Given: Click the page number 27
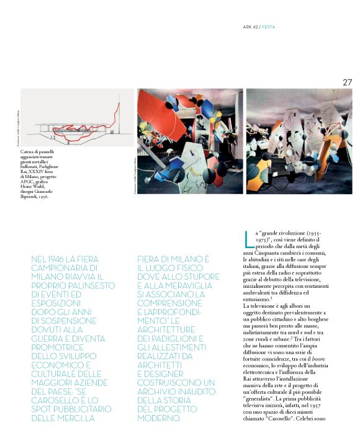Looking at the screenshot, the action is [347, 82].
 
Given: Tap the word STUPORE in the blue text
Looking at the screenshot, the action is [199, 275].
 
